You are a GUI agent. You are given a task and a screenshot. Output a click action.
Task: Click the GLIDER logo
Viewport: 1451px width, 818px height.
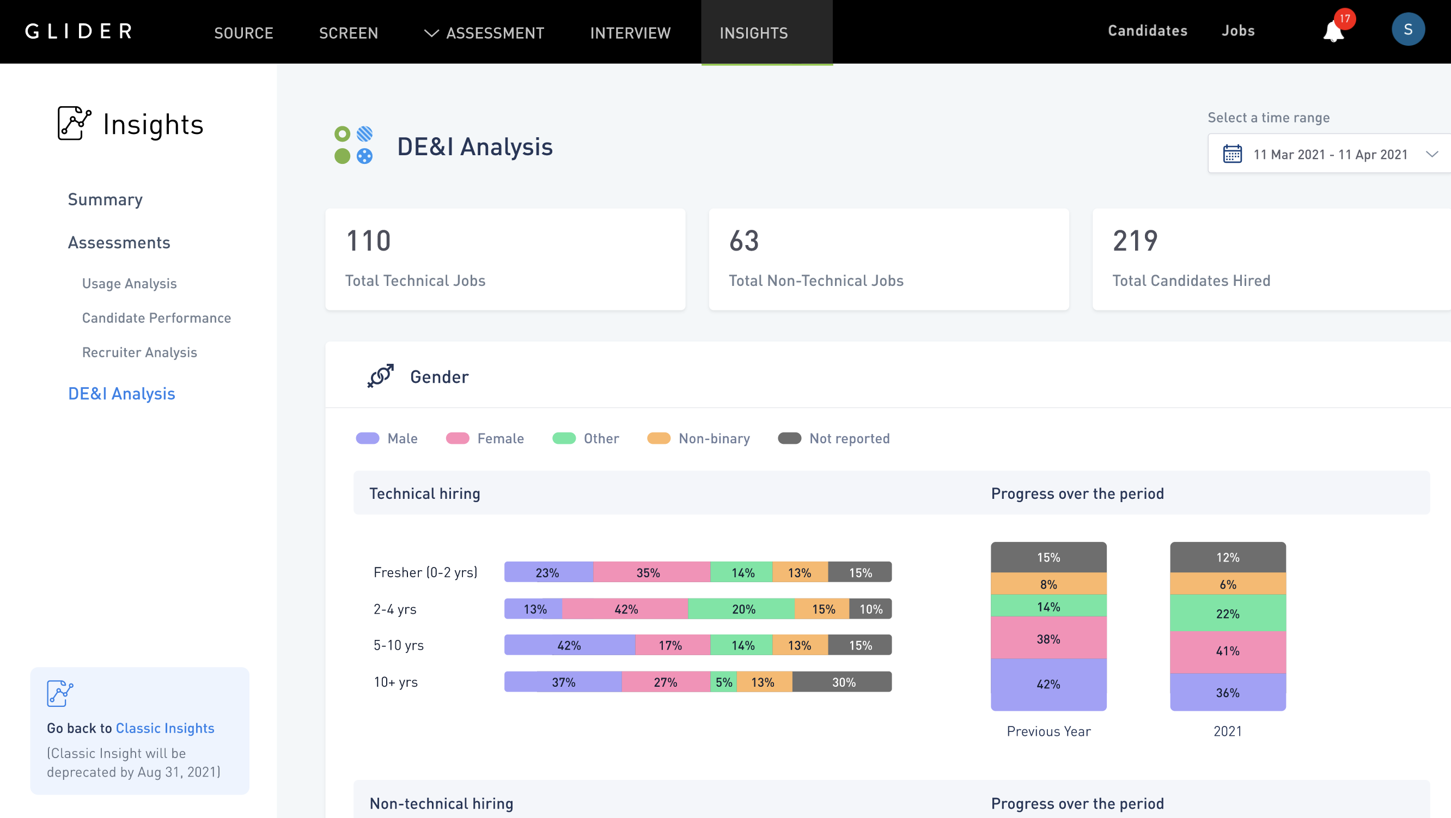click(79, 31)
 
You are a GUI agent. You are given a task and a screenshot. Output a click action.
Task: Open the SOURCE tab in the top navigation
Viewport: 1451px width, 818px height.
click(243, 33)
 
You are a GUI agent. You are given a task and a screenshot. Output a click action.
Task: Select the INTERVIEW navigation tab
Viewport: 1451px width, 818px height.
click(630, 33)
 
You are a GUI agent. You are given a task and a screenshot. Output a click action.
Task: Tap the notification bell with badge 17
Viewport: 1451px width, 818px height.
click(1333, 32)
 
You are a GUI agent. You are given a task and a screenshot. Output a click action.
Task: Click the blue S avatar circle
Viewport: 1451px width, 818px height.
click(1407, 30)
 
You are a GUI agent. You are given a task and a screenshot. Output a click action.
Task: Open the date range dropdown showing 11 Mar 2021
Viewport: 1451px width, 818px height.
click(1330, 154)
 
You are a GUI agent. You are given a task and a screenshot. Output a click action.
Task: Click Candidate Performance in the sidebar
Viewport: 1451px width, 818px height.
click(156, 318)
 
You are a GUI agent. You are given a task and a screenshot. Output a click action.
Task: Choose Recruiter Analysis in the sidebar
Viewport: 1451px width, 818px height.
click(139, 352)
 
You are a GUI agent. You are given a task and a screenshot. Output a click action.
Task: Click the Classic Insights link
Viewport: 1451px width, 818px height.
click(164, 728)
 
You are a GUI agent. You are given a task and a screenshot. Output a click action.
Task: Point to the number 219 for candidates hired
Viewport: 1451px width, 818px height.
click(1135, 241)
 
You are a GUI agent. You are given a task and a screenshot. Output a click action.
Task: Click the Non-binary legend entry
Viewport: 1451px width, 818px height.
click(698, 438)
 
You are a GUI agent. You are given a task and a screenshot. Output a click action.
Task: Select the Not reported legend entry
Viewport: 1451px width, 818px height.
click(834, 438)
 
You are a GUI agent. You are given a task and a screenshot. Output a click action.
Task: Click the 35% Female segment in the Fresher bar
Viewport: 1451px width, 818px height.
click(649, 572)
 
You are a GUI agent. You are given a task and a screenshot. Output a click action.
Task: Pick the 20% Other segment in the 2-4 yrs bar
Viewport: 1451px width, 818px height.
click(743, 609)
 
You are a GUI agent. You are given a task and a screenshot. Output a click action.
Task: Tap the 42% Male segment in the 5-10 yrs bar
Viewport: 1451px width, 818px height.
click(569, 645)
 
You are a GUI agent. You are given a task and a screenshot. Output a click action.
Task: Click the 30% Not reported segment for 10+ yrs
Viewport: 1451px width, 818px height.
click(843, 682)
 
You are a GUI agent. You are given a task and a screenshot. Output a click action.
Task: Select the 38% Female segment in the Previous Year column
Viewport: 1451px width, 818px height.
click(1048, 638)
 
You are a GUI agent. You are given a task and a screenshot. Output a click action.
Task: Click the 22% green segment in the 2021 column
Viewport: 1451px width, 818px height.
click(1227, 613)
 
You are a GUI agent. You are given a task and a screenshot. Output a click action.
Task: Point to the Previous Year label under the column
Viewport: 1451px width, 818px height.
click(1048, 731)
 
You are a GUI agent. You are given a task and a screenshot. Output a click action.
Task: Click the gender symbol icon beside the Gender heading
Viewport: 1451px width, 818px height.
click(381, 376)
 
